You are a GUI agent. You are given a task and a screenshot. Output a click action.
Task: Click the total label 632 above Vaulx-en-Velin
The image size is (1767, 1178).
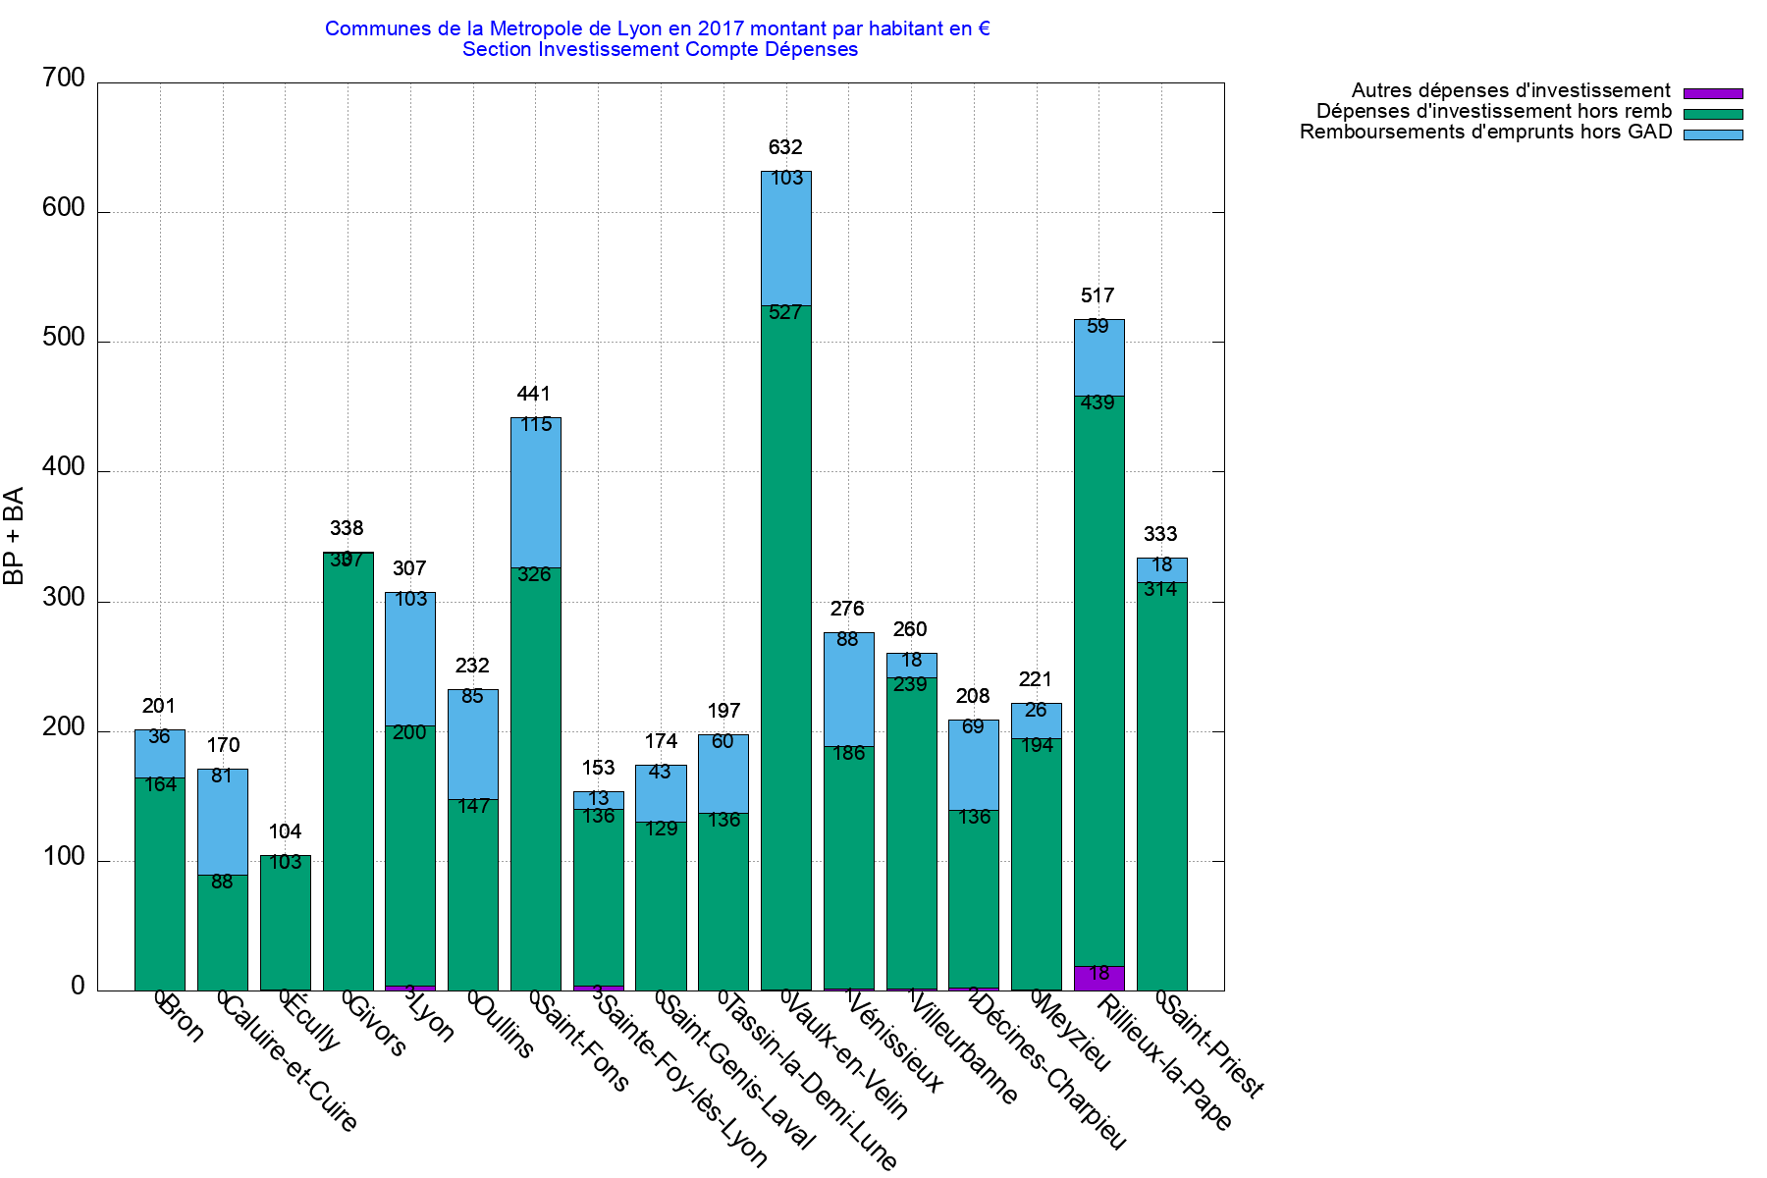[x=785, y=147]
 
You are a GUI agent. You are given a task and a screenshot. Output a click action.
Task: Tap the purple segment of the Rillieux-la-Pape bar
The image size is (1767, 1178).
[x=1099, y=978]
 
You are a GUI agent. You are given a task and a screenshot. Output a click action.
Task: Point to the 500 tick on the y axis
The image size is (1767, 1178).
[x=64, y=338]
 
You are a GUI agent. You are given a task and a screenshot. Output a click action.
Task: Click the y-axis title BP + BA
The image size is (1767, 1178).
[x=14, y=536]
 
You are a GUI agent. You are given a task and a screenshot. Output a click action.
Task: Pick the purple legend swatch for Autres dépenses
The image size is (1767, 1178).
[x=1713, y=93]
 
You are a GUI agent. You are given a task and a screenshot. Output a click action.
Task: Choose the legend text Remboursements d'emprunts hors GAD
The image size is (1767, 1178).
[x=1485, y=133]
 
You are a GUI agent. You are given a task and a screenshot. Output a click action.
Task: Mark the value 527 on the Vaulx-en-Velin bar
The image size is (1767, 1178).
[x=785, y=313]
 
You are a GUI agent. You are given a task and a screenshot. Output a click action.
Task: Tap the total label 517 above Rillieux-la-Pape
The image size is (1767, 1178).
[x=1098, y=295]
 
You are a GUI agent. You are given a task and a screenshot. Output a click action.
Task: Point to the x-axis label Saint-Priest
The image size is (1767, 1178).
[x=1213, y=1045]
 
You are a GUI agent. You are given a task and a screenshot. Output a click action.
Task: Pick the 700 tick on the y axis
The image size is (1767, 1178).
[x=64, y=79]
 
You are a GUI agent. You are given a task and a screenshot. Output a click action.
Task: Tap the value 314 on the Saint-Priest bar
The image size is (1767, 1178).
[x=1160, y=589]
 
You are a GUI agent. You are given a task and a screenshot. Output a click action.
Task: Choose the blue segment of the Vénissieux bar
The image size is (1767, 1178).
[x=848, y=702]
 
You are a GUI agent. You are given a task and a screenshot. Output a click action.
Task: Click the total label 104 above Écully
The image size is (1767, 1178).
[x=285, y=831]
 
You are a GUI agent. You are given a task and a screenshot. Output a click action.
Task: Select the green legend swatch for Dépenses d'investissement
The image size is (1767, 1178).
[x=1713, y=114]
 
